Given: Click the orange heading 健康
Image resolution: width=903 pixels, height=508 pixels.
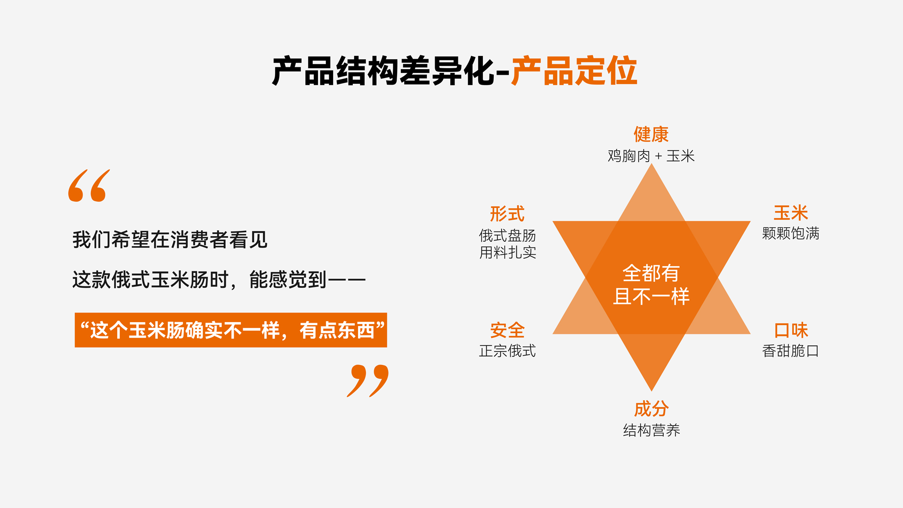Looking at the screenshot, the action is [651, 135].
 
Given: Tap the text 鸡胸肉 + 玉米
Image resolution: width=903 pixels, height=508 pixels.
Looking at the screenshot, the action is [651, 156].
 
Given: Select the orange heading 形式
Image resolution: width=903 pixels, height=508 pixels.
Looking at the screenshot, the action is [507, 214].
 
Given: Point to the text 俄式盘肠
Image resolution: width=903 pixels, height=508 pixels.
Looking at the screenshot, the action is [507, 235].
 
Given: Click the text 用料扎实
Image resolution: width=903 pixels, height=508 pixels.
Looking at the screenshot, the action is [507, 253].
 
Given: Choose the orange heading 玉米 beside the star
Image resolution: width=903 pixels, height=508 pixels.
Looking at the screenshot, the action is [791, 213].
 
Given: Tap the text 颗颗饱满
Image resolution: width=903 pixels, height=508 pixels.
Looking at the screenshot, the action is [791, 233].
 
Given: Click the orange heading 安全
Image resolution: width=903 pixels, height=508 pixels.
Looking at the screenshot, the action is [507, 330].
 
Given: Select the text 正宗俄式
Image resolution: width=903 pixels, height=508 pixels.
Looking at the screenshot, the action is [507, 351].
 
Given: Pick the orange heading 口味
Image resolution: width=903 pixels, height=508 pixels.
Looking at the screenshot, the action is [791, 330].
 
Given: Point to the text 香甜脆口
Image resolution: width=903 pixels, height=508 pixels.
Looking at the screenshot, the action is [791, 351].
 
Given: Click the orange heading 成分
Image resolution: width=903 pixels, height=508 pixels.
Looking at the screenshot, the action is [651, 409].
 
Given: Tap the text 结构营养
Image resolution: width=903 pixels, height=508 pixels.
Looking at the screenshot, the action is [651, 430].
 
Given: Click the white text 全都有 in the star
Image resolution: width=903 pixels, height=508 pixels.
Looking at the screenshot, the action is [651, 273].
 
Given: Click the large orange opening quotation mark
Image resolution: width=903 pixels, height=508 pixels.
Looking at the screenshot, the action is [89, 186].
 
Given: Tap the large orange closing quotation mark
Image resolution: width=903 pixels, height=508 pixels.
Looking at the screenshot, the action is [368, 381].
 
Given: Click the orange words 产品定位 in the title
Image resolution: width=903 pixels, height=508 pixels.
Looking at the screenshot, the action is [574, 71].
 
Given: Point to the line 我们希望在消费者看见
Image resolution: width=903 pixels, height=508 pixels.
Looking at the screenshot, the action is [170, 240].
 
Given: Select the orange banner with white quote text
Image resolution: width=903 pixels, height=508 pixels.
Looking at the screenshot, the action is [231, 330].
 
